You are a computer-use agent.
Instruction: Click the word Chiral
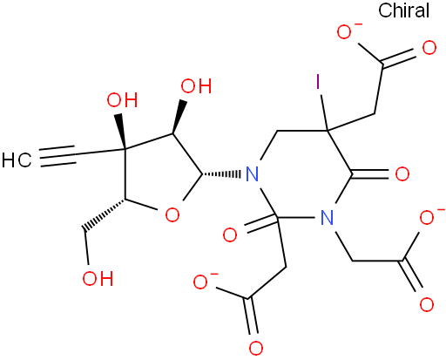403,10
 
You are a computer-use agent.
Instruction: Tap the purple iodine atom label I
318,82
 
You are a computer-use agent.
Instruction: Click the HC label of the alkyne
17,160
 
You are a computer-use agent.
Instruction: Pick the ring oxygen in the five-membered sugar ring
172,215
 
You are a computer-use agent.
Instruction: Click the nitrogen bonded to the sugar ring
252,174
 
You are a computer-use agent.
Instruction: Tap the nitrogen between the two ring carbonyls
328,217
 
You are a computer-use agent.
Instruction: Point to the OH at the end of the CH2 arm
98,279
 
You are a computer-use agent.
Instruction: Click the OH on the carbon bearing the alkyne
122,100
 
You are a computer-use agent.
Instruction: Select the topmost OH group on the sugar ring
196,86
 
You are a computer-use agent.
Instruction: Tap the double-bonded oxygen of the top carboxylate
429,48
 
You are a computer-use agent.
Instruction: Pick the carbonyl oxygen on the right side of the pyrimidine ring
402,174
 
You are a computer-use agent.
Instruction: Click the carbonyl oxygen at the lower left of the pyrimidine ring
230,235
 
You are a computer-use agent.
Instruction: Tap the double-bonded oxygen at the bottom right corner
427,304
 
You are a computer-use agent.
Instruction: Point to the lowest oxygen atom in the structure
256,349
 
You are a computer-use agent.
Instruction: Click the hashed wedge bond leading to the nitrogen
221,174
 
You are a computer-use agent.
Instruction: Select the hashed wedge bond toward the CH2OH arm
104,214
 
